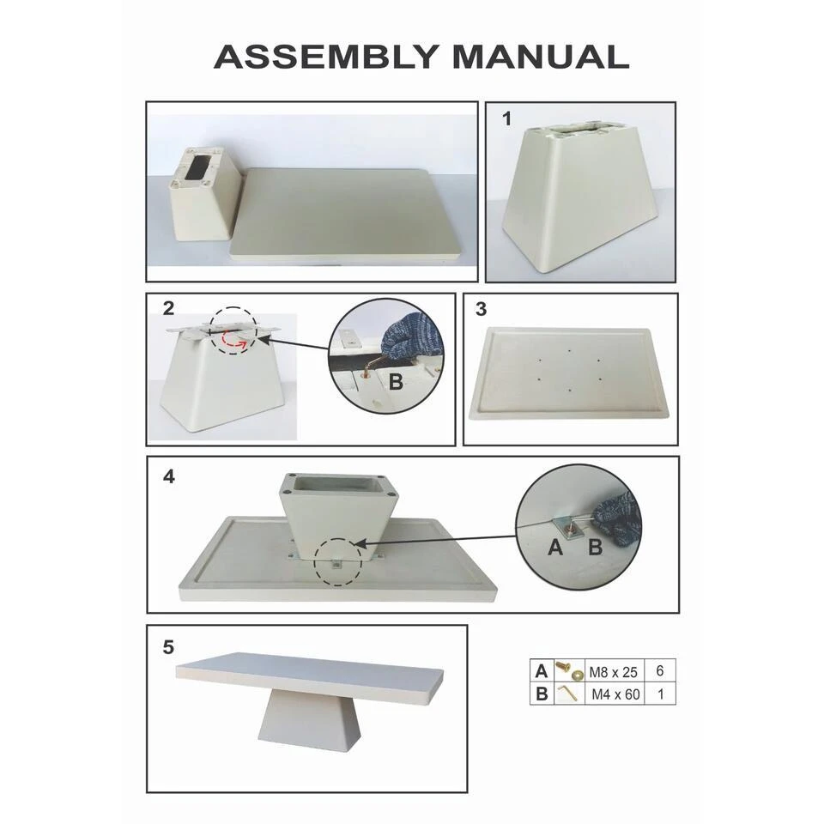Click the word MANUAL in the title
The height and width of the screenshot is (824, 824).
click(541, 57)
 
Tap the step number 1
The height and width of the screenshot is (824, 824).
click(506, 118)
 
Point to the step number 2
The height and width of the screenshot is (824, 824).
click(168, 308)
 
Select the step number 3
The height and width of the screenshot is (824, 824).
click(481, 309)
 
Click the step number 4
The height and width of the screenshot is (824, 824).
click(169, 476)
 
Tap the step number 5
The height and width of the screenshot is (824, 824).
click(168, 647)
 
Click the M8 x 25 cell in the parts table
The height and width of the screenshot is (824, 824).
click(613, 672)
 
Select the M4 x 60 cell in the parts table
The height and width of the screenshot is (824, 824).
click(615, 694)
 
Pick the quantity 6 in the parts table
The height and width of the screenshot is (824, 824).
click(660, 670)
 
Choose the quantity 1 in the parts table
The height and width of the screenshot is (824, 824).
click(661, 694)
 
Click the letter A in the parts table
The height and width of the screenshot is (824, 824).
click(542, 671)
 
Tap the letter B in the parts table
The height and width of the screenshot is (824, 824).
click(542, 694)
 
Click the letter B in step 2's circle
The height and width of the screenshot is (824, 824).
click(396, 381)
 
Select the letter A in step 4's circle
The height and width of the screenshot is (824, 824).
click(555, 548)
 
